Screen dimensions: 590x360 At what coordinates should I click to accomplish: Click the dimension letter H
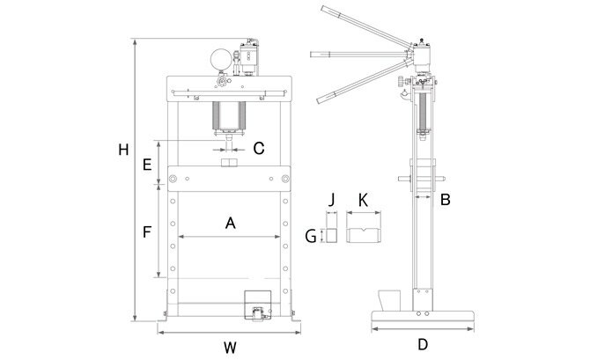(x=123, y=150)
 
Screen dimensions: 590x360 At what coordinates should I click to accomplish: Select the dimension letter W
(x=230, y=348)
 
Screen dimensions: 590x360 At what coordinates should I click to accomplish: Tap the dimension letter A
(x=231, y=223)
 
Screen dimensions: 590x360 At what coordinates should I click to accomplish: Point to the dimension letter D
(x=423, y=344)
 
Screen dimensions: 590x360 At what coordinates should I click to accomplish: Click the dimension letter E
(x=147, y=165)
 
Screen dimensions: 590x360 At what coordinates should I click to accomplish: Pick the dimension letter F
(x=147, y=231)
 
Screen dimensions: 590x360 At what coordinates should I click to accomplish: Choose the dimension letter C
(x=259, y=149)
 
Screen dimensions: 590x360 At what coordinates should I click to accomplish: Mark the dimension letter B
(x=445, y=200)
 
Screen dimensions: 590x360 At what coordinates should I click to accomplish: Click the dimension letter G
(x=311, y=237)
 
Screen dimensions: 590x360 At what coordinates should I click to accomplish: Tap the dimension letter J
(x=331, y=200)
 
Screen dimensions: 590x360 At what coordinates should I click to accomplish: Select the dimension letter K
(x=363, y=201)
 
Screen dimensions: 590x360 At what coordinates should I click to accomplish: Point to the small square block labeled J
(x=331, y=235)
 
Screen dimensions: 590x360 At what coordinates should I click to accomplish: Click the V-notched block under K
(x=364, y=235)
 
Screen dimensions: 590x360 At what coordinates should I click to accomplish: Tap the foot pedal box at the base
(x=258, y=305)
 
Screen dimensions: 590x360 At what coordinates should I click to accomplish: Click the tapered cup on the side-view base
(x=389, y=300)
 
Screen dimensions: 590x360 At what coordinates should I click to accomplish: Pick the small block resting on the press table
(x=228, y=163)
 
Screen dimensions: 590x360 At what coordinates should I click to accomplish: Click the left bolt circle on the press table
(x=173, y=179)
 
